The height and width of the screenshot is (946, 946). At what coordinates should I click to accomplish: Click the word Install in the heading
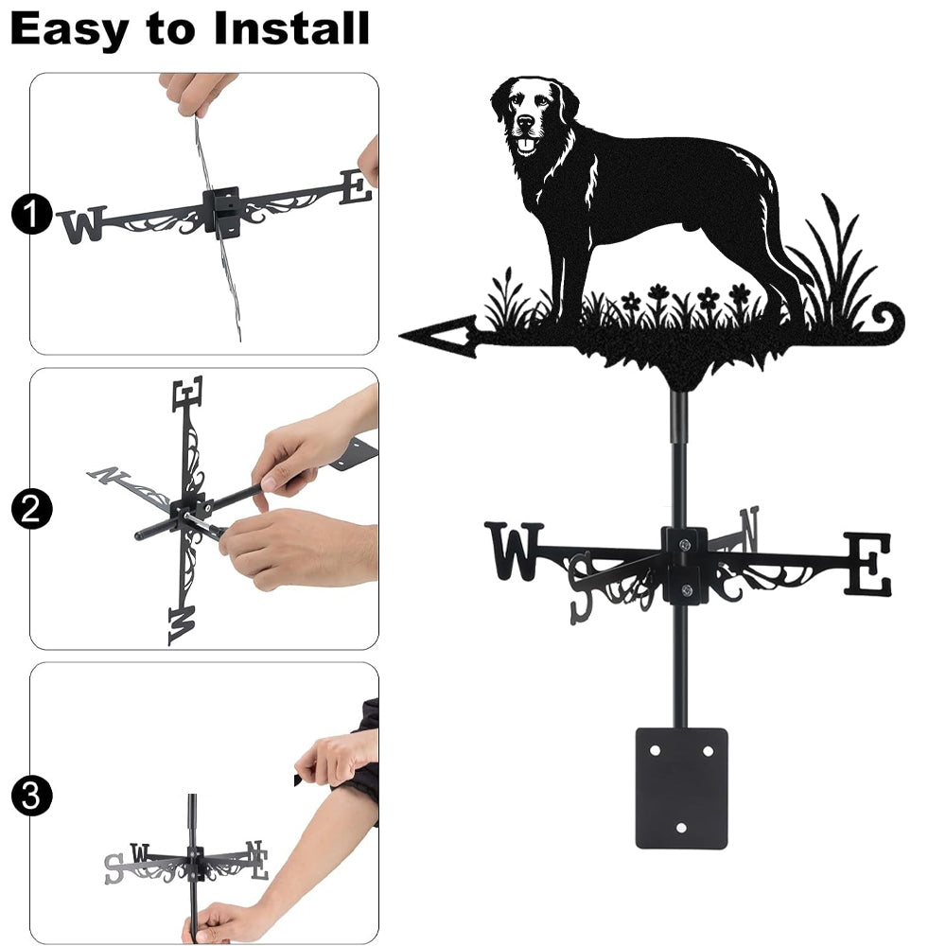[291, 28]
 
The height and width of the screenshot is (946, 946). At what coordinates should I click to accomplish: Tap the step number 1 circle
[30, 214]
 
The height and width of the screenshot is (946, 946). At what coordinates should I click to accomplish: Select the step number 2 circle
[30, 510]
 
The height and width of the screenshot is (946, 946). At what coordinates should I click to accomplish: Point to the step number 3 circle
[30, 796]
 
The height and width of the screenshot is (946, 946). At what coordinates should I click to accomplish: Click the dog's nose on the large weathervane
[525, 121]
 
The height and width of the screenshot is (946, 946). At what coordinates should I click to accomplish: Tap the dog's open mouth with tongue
[528, 145]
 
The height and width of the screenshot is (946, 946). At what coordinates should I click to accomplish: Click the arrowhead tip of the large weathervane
[400, 335]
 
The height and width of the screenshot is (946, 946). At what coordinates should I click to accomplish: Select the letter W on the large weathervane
[514, 551]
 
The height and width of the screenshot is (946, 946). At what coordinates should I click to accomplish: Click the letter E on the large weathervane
[867, 564]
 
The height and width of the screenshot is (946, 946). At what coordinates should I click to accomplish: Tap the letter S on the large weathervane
[583, 588]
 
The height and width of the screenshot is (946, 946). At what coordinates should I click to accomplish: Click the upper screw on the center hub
[685, 545]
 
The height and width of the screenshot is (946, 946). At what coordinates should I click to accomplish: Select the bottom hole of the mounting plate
[681, 828]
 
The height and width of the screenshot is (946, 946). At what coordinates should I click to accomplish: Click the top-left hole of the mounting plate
[655, 751]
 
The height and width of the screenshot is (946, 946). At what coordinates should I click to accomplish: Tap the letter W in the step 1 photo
[82, 224]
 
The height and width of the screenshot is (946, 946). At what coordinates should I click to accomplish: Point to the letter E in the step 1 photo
[356, 187]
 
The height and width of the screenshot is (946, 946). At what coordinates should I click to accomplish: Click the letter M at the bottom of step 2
[183, 625]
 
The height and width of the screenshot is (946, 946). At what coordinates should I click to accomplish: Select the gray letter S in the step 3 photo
[114, 868]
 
